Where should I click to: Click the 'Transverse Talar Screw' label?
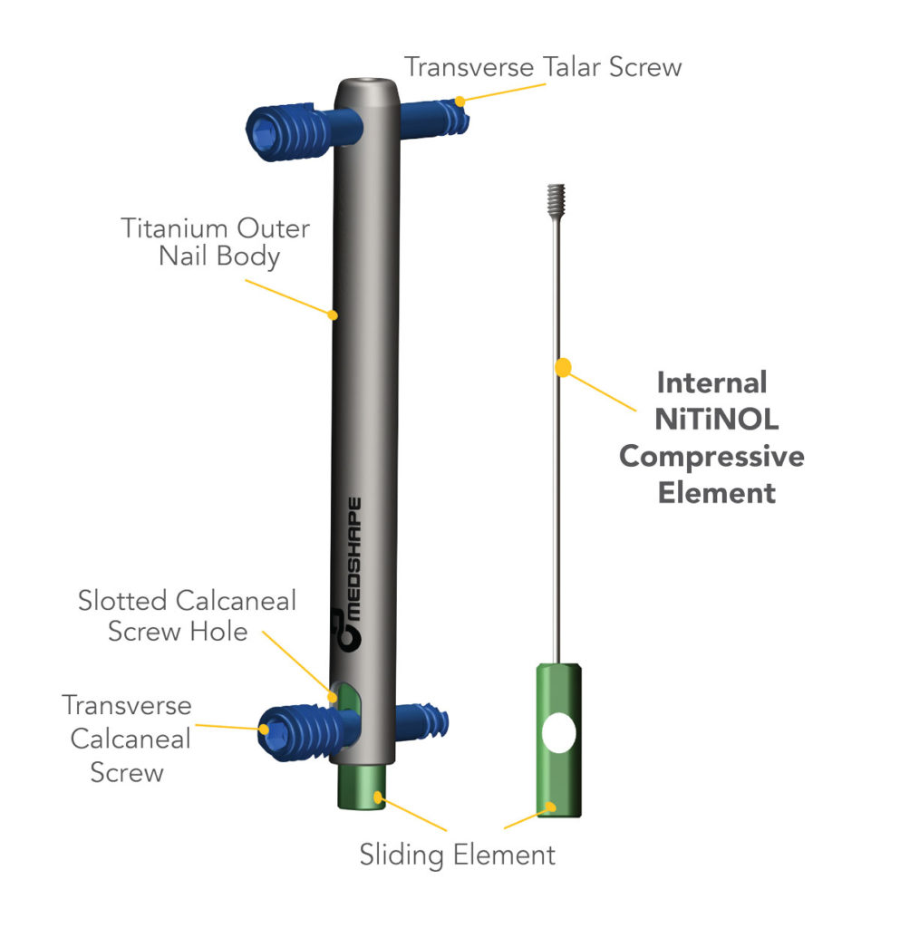[542, 67]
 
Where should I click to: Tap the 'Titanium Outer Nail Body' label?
[215, 241]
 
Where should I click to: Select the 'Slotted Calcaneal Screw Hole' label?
[187, 615]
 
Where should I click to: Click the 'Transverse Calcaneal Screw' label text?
[126, 738]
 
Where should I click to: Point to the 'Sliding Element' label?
[457, 854]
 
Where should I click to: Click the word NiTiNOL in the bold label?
[711, 420]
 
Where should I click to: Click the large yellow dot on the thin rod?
[563, 367]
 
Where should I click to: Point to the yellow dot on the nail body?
[334, 315]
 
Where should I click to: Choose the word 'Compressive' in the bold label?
[711, 456]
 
